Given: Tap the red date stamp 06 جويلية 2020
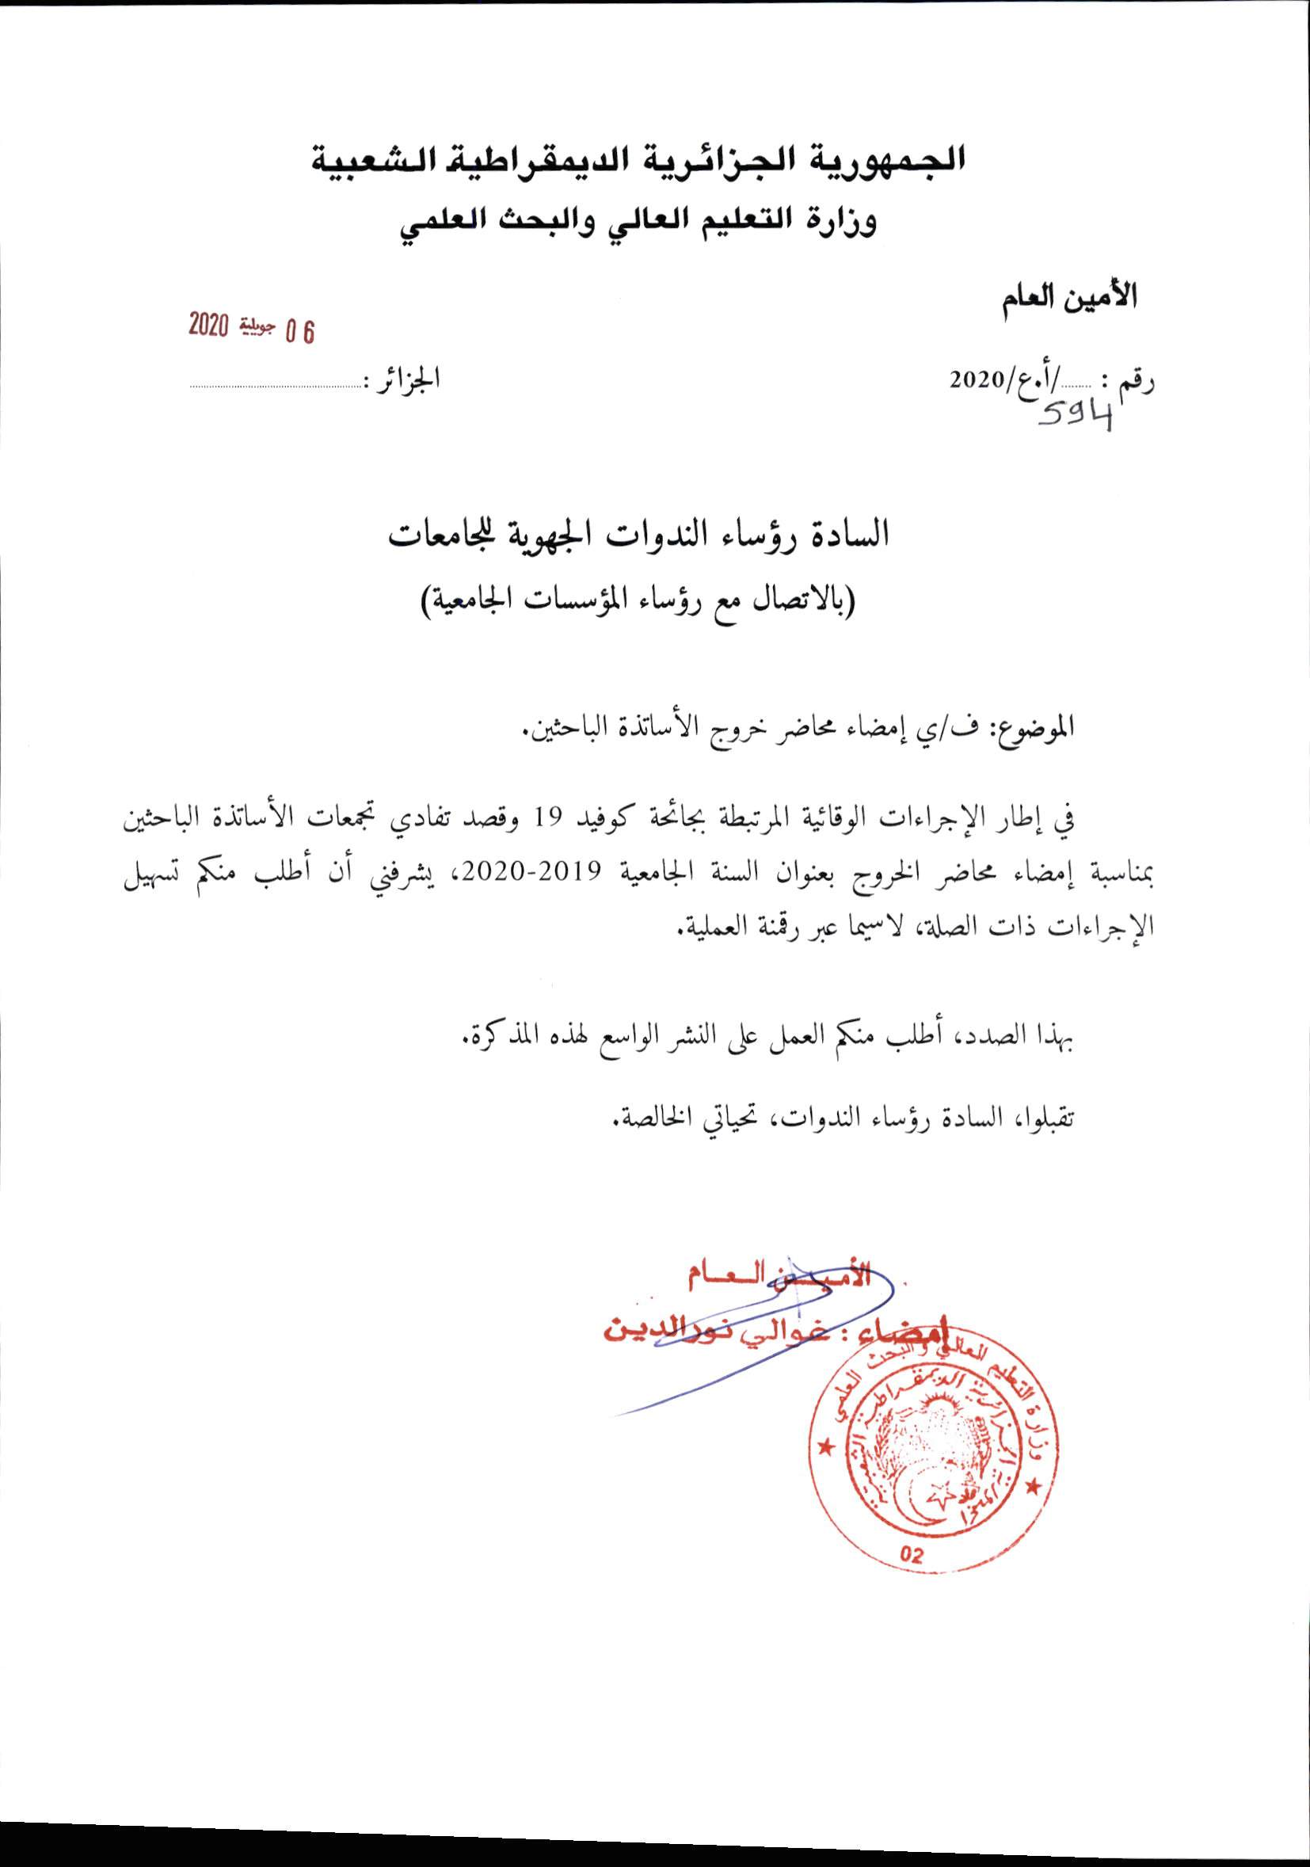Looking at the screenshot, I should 251,328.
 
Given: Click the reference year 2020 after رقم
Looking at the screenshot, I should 980,379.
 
